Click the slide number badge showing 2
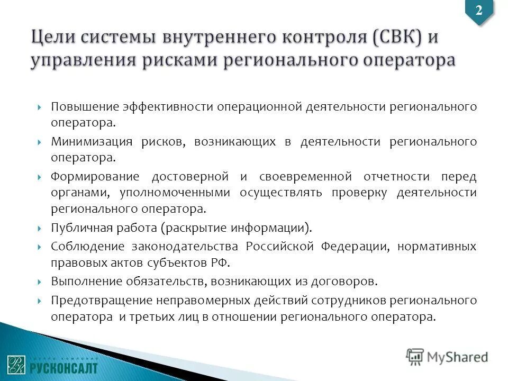coord(479,11)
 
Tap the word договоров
coord(349,280)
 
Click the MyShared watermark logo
coord(447,356)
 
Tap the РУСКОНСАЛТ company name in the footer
coord(63,367)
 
